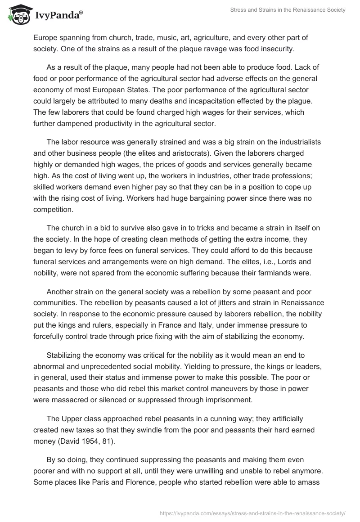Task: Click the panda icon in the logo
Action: [x=18, y=15]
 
